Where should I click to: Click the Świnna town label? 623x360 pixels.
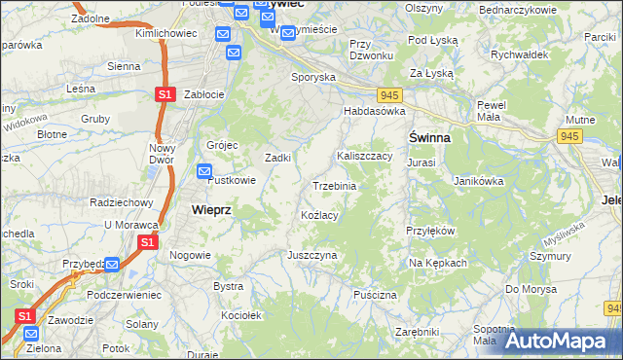[x=428, y=137]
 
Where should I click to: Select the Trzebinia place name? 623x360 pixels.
[x=334, y=186]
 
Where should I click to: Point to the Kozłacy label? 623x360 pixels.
[x=319, y=214]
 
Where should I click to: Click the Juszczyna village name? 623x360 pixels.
[x=311, y=255]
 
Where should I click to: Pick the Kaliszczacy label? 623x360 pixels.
[x=364, y=155]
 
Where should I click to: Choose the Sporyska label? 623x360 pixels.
[x=312, y=76]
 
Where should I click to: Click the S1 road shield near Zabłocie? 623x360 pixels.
[x=165, y=94]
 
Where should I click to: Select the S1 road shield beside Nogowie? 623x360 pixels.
[x=147, y=241]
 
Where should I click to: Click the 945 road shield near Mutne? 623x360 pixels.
[x=569, y=136]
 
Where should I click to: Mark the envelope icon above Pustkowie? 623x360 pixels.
[x=204, y=172]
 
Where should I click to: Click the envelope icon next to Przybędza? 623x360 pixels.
[x=112, y=264]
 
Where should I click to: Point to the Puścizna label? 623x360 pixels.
[x=376, y=294]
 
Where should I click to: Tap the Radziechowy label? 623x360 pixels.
[x=122, y=202]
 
